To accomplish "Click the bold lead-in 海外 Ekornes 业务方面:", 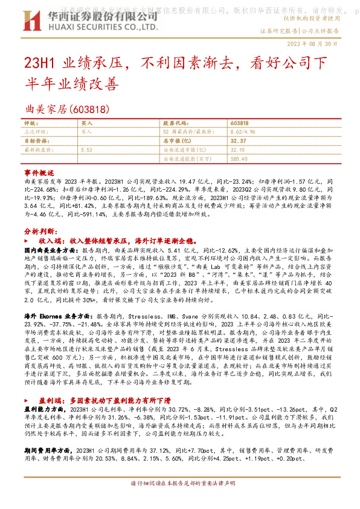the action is coord(59,316).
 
